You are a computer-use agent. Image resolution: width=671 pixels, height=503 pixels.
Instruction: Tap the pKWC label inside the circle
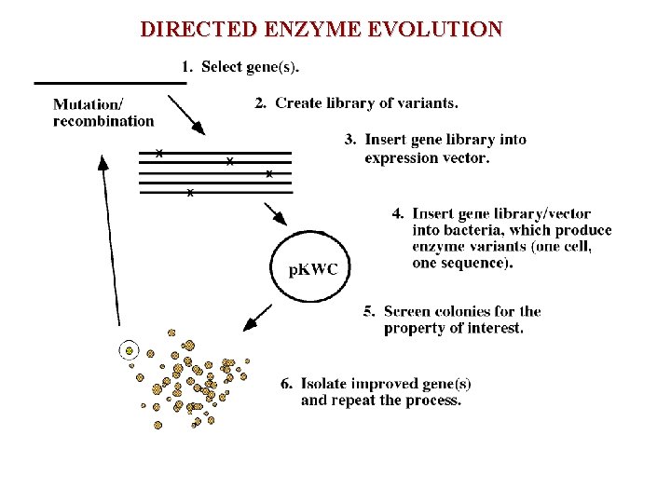(x=313, y=270)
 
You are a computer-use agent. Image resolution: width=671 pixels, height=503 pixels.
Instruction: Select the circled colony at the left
(x=130, y=351)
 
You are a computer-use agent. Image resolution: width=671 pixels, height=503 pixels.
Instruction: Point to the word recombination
(x=103, y=120)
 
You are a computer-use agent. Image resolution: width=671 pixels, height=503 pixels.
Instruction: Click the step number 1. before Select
(x=186, y=66)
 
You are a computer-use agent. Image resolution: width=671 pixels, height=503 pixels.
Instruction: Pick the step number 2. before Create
(x=261, y=102)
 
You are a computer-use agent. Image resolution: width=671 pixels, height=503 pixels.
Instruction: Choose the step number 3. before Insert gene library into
(x=350, y=140)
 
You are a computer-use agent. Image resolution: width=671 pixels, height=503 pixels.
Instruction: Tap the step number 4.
(x=398, y=214)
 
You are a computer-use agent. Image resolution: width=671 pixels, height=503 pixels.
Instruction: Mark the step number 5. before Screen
(x=369, y=311)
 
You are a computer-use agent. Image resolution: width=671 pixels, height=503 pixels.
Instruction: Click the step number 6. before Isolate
(x=286, y=384)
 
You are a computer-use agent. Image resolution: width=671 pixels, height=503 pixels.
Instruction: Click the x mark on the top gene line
(x=159, y=152)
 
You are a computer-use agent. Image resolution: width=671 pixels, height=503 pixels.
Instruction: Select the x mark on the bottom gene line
(x=190, y=193)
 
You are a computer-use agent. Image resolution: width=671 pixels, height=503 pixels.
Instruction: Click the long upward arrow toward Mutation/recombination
(x=110, y=242)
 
